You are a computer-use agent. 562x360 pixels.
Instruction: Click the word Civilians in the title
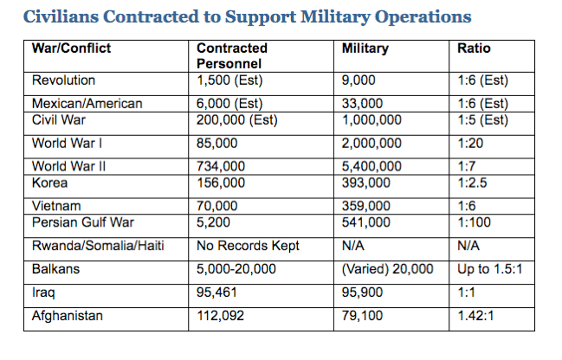click(61, 16)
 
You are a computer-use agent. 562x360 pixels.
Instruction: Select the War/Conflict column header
click(71, 48)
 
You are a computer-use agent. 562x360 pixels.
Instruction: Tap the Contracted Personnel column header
click(232, 56)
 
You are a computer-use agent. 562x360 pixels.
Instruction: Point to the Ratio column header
click(474, 48)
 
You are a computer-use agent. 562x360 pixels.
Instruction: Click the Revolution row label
click(63, 80)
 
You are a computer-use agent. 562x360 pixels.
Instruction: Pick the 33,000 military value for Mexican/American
click(362, 104)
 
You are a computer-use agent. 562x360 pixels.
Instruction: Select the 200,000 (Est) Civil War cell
click(237, 120)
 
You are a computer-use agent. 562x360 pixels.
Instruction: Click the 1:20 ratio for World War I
click(470, 144)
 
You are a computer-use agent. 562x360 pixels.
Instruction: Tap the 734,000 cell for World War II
click(221, 166)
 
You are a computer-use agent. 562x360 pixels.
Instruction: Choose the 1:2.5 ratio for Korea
click(472, 183)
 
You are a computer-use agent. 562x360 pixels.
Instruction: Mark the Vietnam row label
click(56, 206)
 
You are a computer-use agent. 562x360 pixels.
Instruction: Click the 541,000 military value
click(365, 222)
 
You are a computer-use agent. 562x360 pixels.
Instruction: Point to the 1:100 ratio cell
click(474, 222)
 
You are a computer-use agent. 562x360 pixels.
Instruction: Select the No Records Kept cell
click(248, 246)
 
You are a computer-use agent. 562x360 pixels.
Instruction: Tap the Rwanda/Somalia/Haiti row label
click(98, 246)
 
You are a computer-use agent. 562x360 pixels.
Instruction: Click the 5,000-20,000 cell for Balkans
click(236, 269)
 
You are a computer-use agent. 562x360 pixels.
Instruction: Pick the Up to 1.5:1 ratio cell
click(489, 269)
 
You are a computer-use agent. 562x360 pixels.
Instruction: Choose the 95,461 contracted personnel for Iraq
click(216, 292)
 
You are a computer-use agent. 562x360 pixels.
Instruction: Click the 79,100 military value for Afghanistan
click(362, 316)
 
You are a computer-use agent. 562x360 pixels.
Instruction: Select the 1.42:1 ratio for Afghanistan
click(475, 316)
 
